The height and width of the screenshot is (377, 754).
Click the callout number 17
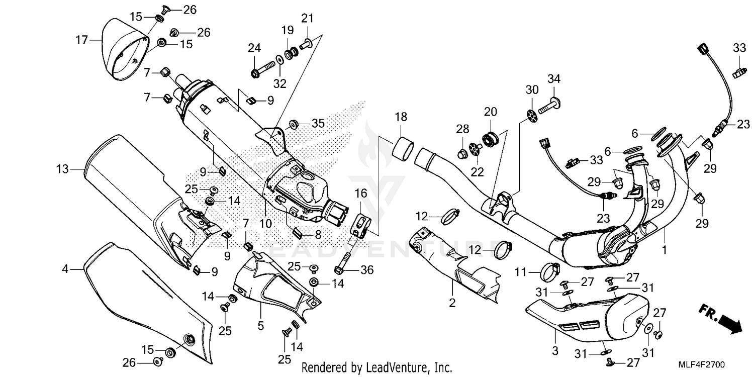[x=81, y=39]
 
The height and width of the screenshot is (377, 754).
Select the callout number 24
[x=254, y=49]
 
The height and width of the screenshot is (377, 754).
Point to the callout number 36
[x=367, y=270]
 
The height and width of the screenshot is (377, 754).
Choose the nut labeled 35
[x=294, y=124]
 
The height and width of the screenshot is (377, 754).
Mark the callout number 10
[x=265, y=223]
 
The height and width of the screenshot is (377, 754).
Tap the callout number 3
[x=555, y=350]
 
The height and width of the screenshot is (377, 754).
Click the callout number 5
[x=260, y=326]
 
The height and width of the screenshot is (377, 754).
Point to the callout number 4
[x=65, y=269]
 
